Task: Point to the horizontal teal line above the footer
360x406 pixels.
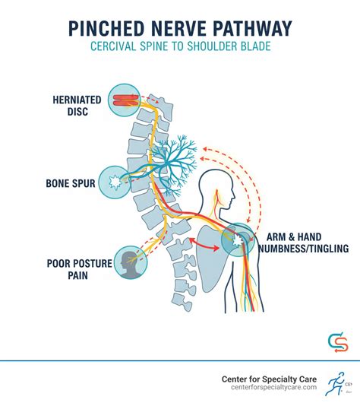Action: [x=180, y=360]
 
